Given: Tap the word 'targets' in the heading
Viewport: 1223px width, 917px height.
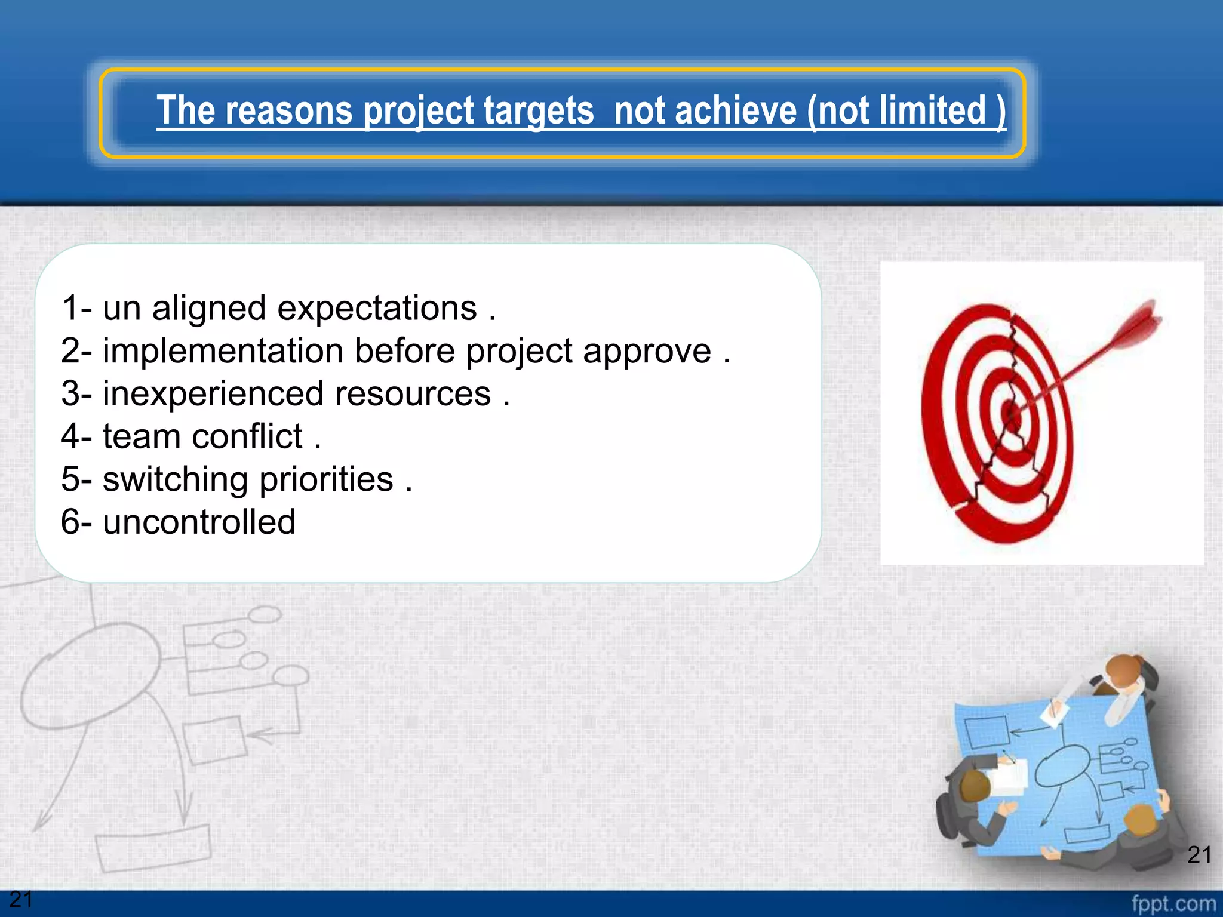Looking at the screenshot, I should (x=538, y=111).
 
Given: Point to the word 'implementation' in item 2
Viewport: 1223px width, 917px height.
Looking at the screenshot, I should (x=223, y=351).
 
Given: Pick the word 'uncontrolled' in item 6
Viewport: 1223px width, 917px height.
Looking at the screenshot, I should (x=199, y=522).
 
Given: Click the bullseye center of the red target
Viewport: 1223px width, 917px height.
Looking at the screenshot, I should (x=1011, y=411).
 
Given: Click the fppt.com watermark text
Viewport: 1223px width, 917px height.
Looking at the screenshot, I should (x=1173, y=903).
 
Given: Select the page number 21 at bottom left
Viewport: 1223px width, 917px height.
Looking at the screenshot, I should (x=21, y=899).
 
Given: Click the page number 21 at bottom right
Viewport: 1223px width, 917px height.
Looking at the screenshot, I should (x=1199, y=855).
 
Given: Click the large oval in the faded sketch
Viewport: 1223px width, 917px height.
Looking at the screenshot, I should (x=90, y=675).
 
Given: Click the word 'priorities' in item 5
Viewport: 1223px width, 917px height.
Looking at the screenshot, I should (x=326, y=479).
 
